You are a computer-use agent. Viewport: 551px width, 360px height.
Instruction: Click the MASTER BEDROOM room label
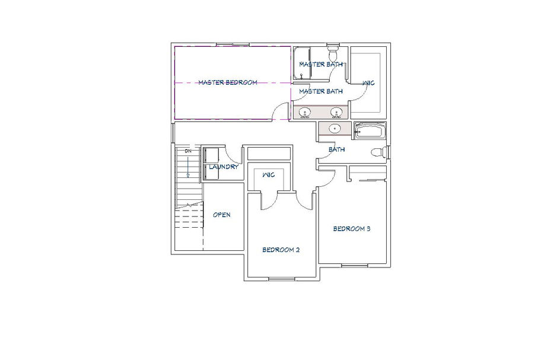tap(228, 82)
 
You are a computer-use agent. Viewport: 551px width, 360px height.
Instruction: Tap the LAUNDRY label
tap(224, 167)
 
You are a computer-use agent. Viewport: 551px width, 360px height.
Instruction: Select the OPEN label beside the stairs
tap(222, 215)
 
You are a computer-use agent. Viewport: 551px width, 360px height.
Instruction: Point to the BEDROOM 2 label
tap(281, 250)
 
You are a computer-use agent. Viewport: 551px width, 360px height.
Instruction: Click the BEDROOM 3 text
tap(352, 229)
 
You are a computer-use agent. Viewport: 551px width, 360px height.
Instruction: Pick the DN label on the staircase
tap(189, 151)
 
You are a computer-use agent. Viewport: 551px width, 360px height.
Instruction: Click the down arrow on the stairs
tap(189, 167)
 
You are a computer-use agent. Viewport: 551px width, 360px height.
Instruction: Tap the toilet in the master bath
tap(332, 52)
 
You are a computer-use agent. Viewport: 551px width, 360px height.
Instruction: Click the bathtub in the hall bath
tap(370, 130)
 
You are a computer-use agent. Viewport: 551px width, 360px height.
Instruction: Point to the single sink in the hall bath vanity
tap(335, 129)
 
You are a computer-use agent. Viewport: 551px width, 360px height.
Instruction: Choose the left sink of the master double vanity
tap(305, 113)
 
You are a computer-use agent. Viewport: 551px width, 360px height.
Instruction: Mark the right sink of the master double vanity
tap(336, 113)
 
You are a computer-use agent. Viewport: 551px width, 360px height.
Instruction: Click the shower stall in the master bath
tap(302, 63)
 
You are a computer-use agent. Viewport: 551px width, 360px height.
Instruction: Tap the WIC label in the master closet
tap(369, 83)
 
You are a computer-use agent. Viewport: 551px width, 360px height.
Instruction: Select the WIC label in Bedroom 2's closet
tap(269, 174)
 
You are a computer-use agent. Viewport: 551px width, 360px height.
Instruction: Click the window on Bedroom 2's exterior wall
tap(282, 279)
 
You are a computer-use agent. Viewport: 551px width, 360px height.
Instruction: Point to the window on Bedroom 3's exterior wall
tap(355, 266)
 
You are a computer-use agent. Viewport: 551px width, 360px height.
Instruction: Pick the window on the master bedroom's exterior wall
tap(232, 44)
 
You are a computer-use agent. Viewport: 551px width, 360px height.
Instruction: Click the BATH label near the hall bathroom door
tap(337, 149)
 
